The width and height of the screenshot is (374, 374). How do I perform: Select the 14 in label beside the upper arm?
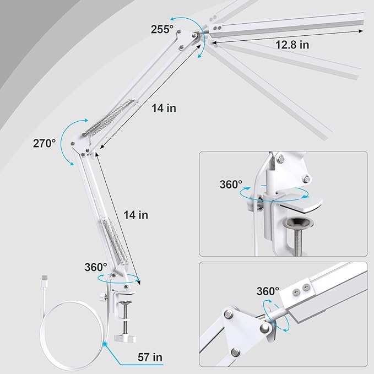click(164, 109)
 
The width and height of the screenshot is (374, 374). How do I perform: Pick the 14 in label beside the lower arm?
click(135, 215)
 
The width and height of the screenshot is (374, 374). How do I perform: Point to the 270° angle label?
click(44, 143)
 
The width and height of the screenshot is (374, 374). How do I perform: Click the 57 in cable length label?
click(150, 358)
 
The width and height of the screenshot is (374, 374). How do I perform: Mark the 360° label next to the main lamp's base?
click(95, 267)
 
